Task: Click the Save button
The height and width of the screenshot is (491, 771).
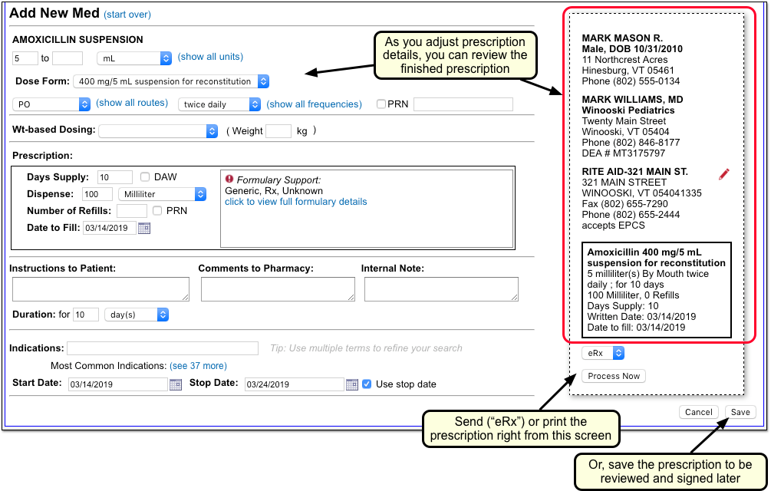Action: click(740, 412)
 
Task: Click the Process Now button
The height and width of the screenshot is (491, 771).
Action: click(614, 376)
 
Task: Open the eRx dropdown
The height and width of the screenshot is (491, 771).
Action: click(603, 353)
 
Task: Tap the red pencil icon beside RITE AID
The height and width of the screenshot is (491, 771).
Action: click(723, 174)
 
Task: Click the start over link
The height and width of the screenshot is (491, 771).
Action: click(127, 15)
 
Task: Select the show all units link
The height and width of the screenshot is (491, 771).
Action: click(210, 57)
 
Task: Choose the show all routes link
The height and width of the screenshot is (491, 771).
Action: click(132, 103)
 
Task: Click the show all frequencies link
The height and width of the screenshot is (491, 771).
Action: click(314, 104)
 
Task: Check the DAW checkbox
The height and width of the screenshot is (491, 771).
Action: click(144, 177)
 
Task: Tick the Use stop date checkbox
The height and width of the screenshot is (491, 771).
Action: click(367, 384)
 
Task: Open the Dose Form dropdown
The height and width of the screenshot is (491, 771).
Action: click(171, 81)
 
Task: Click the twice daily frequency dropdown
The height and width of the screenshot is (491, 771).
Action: click(219, 104)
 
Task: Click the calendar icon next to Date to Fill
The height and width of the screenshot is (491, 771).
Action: click(144, 228)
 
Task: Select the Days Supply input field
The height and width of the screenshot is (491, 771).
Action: click(115, 177)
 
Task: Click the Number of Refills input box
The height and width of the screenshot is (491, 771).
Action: click(132, 211)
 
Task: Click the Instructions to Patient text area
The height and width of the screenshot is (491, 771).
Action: click(100, 289)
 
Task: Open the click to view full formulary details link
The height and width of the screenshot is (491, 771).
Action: click(295, 202)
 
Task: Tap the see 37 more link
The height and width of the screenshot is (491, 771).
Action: click(198, 366)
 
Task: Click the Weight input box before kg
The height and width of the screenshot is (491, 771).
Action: click(278, 130)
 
